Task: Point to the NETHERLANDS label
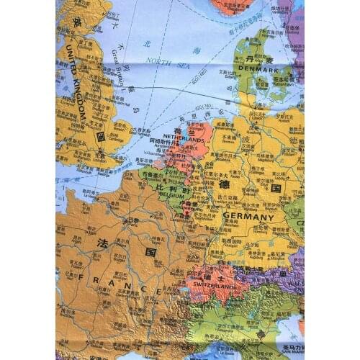184,138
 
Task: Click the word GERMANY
248,217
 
